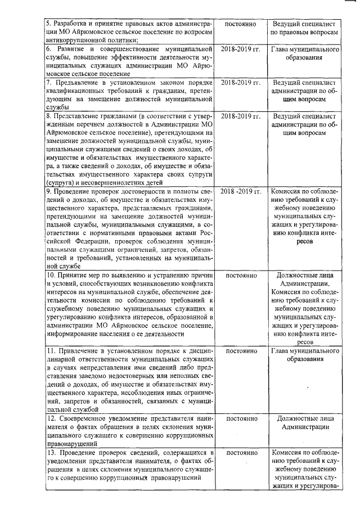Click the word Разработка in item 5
click(x=70, y=25)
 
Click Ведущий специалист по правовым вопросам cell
click(x=304, y=29)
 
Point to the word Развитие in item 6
click(x=70, y=50)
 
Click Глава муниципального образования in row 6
click(x=304, y=54)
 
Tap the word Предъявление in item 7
click(x=75, y=83)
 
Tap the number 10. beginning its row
click(x=50, y=275)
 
